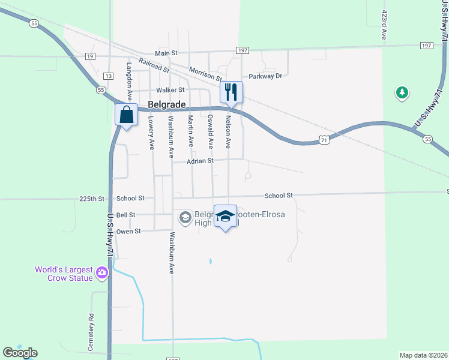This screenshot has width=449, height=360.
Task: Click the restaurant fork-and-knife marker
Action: [x=231, y=92]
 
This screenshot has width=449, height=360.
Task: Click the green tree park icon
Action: [x=402, y=92]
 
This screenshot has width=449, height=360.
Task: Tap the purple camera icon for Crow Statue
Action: [x=101, y=274]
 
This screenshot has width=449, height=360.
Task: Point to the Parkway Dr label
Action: [x=265, y=76]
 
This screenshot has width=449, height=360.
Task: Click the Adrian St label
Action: [x=200, y=161]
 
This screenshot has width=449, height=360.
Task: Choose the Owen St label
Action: [x=128, y=231]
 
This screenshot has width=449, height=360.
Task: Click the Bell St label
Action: [x=126, y=215]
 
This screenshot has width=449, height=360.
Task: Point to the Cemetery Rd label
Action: [x=91, y=324]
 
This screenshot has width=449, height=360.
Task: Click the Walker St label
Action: [x=154, y=90]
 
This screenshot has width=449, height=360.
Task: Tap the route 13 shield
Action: [x=108, y=76]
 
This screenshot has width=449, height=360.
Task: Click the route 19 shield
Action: [x=90, y=56]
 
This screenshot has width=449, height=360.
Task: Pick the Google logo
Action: [x=20, y=352]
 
